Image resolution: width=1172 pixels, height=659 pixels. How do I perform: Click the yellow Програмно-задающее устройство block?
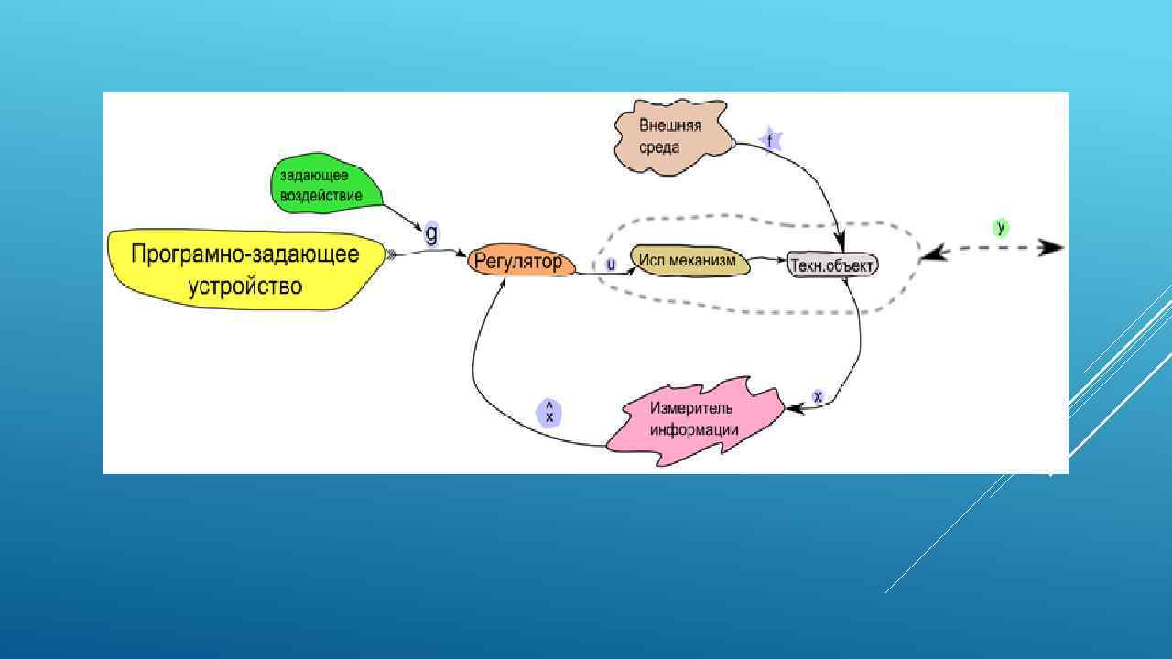pos(244,269)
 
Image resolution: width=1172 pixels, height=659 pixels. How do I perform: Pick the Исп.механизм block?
pos(689,261)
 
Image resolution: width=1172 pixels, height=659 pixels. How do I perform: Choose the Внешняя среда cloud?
pos(671,135)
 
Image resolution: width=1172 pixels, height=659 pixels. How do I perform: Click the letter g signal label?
pos(431,232)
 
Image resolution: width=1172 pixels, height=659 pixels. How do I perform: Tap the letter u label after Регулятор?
pos(612,265)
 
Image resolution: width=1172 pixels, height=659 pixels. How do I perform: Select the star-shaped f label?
pos(771,141)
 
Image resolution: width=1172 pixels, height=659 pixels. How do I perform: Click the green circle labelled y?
pos(1001,227)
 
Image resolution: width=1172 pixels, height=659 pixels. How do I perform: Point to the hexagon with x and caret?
pos(548,413)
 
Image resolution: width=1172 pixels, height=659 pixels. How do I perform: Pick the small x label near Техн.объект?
pos(819,396)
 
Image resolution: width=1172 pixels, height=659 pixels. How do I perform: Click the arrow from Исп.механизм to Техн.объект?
pos(769,261)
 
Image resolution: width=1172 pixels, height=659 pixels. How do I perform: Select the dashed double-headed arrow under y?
pos(993,248)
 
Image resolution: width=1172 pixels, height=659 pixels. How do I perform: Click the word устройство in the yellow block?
pos(244,286)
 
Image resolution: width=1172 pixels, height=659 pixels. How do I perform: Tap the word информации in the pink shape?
pos(694,429)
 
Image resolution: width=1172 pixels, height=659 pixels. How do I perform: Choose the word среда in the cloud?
pos(659,146)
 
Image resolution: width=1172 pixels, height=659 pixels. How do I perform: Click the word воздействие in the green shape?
pos(320,195)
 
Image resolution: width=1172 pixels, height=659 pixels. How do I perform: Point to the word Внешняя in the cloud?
pos(670,125)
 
